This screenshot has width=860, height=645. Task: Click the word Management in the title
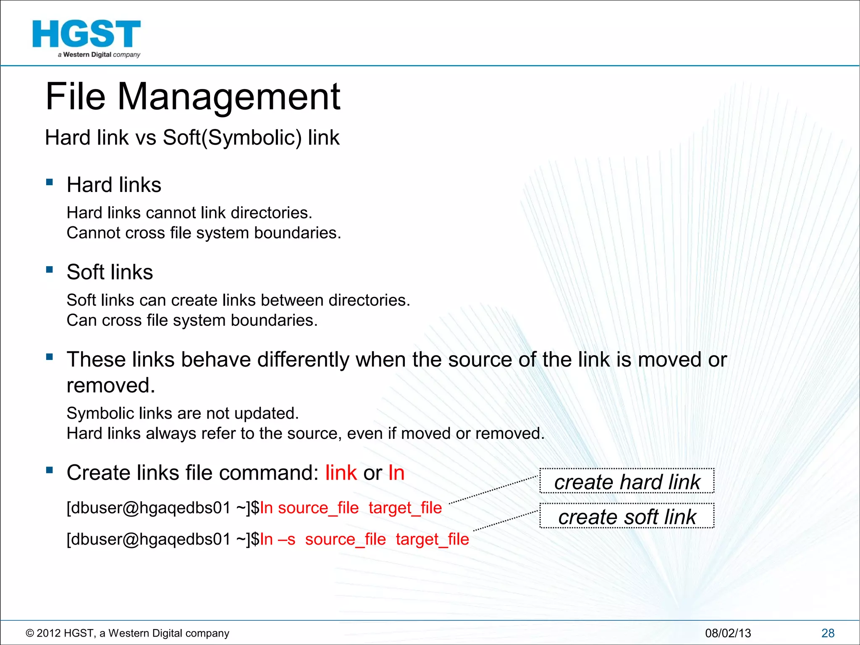[229, 97]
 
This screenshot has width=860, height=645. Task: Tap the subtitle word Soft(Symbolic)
[232, 138]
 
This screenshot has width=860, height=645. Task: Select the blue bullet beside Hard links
[50, 182]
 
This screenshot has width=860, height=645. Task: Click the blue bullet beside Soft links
[50, 270]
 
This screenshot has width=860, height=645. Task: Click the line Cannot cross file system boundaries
[204, 233]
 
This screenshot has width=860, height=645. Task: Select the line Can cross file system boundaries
[192, 320]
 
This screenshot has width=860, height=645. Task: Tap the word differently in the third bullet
[303, 360]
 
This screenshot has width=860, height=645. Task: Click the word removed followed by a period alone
[110, 385]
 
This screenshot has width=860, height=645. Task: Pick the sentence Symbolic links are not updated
[183, 414]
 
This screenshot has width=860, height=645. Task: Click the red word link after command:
[341, 473]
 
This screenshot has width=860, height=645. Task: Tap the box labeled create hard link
[627, 481]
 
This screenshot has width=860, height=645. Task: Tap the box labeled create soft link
[627, 516]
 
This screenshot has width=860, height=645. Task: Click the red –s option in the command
[286, 540]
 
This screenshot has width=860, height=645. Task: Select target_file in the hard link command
[405, 508]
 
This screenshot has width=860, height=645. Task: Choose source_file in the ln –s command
[345, 540]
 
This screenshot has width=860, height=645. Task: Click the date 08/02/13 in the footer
[728, 633]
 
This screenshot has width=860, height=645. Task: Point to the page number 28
[828, 633]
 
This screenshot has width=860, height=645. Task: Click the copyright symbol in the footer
[30, 633]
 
